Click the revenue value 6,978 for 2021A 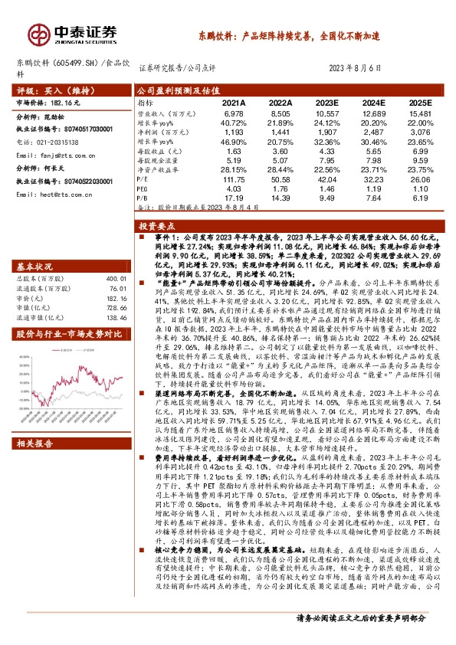234,112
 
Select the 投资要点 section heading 154,228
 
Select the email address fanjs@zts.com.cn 73,154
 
